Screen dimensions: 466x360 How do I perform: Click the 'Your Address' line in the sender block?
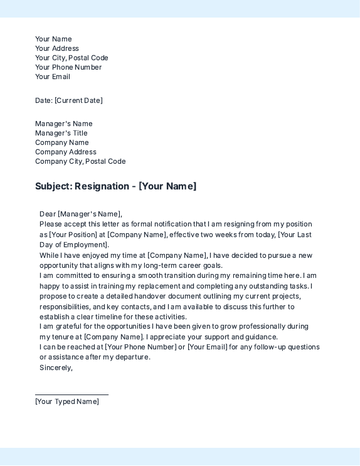(x=57, y=48)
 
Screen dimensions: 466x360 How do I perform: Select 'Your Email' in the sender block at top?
(x=53, y=77)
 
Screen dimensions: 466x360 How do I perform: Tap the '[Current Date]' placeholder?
(x=78, y=100)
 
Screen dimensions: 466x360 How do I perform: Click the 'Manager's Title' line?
(x=61, y=133)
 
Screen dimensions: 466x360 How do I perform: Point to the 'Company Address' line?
(x=66, y=152)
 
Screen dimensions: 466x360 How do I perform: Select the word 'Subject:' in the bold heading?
(x=53, y=186)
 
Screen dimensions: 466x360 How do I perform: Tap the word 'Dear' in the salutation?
(x=47, y=214)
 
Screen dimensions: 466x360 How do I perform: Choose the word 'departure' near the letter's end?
(x=132, y=357)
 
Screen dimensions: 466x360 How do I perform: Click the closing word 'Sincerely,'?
(x=56, y=368)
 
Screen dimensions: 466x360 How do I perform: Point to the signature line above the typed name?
(x=71, y=395)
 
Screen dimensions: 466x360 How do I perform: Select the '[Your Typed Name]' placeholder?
(x=67, y=401)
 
